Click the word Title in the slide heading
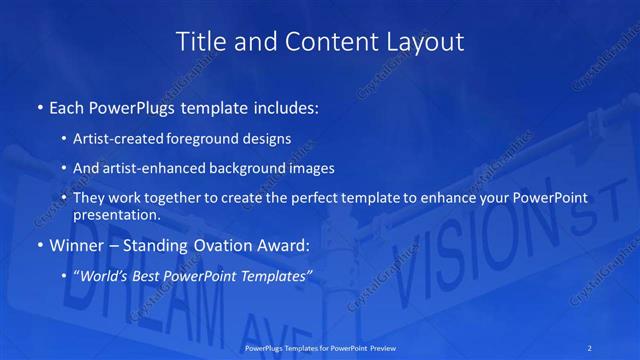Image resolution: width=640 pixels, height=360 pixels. click(x=200, y=42)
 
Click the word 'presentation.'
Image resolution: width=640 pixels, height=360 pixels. click(x=116, y=214)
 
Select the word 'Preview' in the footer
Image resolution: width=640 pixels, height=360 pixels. click(x=378, y=349)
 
